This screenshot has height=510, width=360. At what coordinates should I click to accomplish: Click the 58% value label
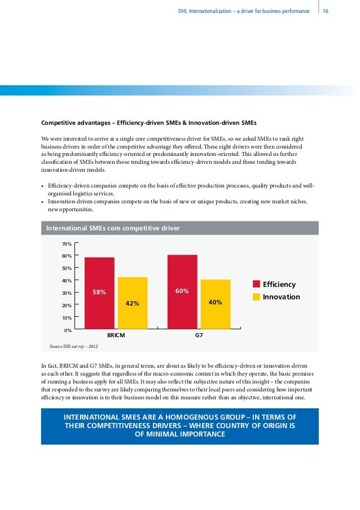99,292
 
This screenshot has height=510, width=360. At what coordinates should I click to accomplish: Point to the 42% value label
133,303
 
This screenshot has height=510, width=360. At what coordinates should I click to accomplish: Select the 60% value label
182,291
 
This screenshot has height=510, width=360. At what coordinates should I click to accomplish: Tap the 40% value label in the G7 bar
215,303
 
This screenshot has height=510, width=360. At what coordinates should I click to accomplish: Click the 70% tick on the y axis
67,244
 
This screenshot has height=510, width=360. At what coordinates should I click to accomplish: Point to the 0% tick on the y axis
68,330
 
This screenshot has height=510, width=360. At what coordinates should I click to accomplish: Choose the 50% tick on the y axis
67,268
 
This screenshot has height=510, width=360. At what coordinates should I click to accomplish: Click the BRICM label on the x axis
116,335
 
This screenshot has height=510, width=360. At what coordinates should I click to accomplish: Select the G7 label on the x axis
199,335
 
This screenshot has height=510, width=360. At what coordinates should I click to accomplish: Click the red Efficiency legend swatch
256,285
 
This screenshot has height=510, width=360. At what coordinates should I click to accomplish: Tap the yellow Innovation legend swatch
256,297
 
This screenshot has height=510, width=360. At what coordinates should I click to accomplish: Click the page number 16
326,10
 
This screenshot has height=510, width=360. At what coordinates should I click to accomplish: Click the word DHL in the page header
183,10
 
